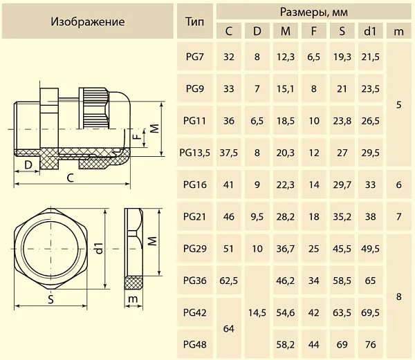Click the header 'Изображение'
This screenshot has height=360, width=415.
87,21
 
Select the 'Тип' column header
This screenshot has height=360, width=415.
195,21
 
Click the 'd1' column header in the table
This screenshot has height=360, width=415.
370,31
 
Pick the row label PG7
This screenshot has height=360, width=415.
195,57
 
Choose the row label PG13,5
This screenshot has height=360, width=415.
195,152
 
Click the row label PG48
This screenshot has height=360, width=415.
195,343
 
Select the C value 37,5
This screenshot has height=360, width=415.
229,152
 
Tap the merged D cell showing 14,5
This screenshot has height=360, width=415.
257,312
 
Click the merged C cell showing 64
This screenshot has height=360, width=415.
229,328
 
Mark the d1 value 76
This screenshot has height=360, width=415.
370,343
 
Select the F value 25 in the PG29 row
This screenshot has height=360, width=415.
314,248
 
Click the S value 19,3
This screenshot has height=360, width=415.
342,57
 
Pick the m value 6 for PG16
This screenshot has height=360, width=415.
398,184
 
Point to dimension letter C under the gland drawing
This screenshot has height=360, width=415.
71,178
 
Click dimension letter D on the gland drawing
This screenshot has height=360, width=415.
28,165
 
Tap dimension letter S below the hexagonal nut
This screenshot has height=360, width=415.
51,301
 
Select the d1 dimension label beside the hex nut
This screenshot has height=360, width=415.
100,247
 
